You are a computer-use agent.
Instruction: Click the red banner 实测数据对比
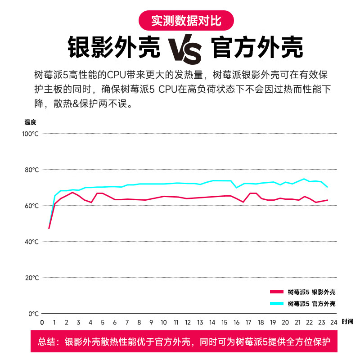(x=186, y=20)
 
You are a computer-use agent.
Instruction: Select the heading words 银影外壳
(x=114, y=46)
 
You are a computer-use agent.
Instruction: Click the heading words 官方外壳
(x=257, y=46)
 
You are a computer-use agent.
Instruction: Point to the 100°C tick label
(x=30, y=134)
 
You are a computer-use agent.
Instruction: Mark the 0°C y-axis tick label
(x=33, y=314)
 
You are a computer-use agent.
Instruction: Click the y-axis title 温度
(x=30, y=121)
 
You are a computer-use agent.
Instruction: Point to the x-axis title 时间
(x=347, y=322)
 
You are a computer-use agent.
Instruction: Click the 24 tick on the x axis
(x=334, y=322)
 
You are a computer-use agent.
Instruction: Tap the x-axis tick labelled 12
(x=188, y=322)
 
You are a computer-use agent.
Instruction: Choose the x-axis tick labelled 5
(x=103, y=322)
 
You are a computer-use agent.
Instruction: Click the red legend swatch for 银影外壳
(x=276, y=292)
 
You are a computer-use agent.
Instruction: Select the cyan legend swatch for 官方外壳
(x=276, y=304)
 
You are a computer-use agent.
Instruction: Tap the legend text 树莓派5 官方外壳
(x=311, y=304)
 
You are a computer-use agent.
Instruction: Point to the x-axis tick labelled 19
(x=273, y=322)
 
